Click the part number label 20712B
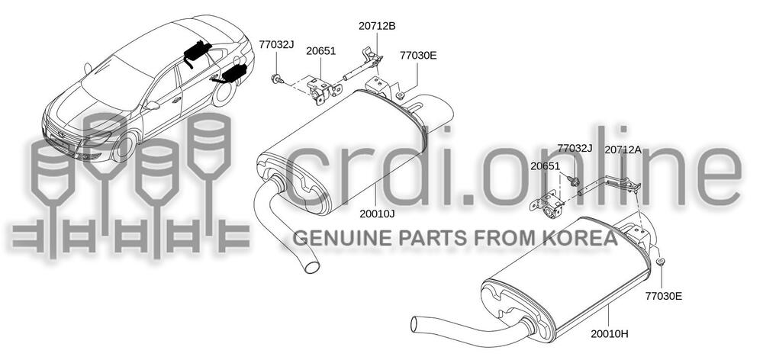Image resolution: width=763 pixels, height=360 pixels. (377, 26)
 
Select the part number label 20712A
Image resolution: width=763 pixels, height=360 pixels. (623, 149)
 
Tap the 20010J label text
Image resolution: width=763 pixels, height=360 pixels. (377, 213)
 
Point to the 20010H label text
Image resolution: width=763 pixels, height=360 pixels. (610, 334)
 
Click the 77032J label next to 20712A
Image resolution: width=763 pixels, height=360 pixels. (575, 148)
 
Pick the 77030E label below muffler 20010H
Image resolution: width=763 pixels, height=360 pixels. (664, 295)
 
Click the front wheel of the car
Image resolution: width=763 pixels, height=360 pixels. (124, 146)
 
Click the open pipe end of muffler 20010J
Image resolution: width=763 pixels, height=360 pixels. (312, 267)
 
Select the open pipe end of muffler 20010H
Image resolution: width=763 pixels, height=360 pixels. (415, 324)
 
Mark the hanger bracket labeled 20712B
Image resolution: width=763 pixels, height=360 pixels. (362, 65)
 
